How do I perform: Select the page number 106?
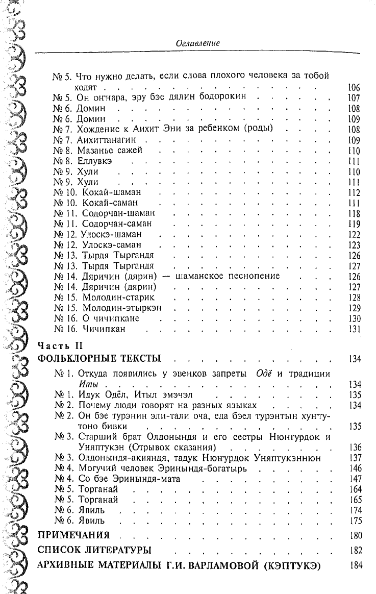click(x=354, y=88)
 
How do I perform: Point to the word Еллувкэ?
click(x=94, y=161)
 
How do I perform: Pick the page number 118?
click(x=354, y=213)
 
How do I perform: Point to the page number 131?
click(x=354, y=329)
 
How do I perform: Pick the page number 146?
click(x=354, y=468)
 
